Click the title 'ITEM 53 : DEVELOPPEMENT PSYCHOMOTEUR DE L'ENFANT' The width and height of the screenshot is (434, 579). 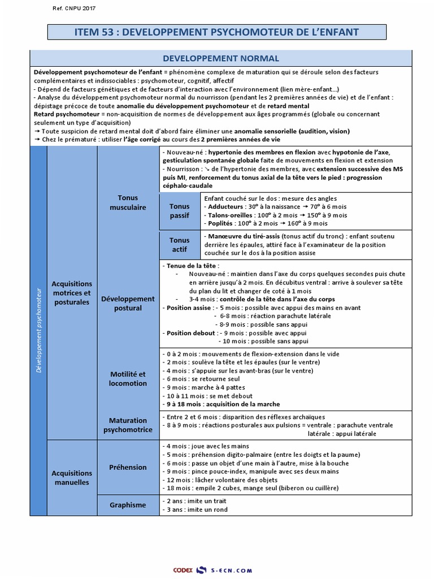(217, 32)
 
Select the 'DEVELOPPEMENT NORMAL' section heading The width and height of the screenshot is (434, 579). (220, 58)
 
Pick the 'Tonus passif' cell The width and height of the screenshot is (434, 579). (180, 211)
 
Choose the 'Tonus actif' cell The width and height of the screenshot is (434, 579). (180, 244)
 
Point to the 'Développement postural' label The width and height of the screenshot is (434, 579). (128, 303)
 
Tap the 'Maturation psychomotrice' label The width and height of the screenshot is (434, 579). (128, 425)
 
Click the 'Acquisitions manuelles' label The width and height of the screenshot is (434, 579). (71, 478)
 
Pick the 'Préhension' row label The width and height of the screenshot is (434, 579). (128, 467)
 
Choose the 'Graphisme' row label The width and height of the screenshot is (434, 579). (128, 505)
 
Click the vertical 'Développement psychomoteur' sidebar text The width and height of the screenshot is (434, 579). (38, 322)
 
